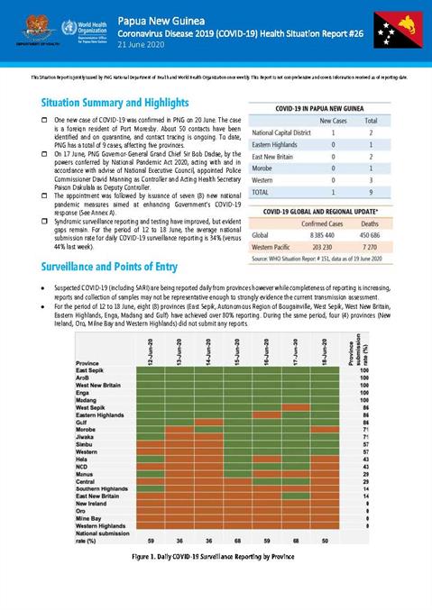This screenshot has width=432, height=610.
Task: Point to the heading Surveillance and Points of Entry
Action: (x=104, y=268)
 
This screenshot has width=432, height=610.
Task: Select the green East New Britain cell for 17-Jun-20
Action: (x=295, y=496)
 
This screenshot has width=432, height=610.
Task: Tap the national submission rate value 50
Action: (x=324, y=539)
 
